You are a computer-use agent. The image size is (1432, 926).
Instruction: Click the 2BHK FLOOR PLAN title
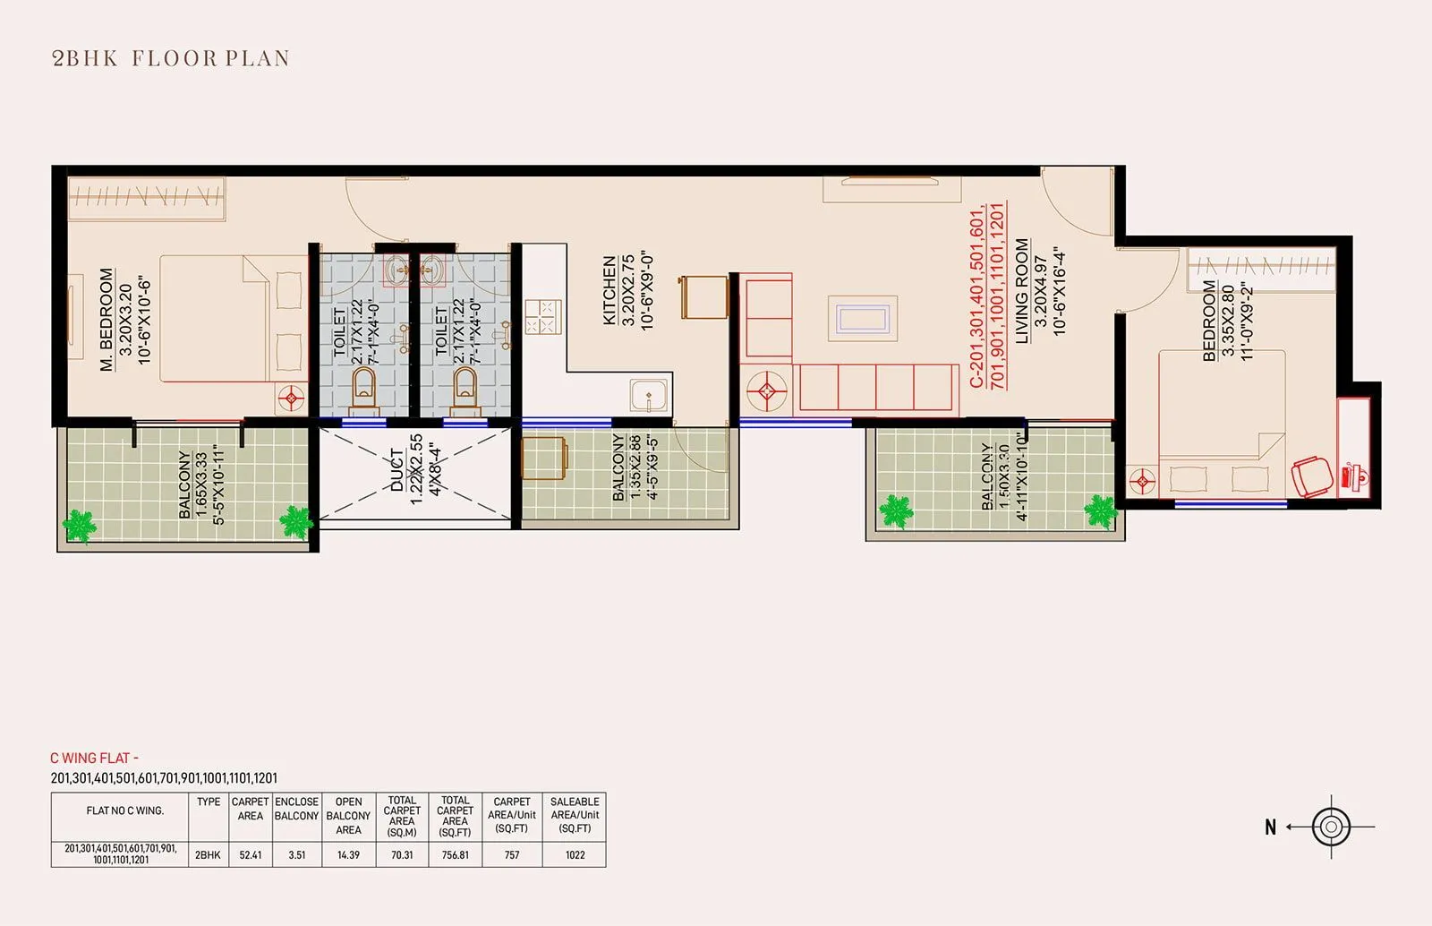(171, 58)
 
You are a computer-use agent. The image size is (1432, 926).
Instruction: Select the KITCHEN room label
(609, 290)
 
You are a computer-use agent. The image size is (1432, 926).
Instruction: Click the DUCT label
(397, 469)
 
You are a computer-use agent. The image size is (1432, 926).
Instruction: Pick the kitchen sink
(648, 395)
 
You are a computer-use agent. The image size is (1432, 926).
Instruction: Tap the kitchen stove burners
(542, 316)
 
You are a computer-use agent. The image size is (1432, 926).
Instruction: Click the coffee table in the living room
(863, 319)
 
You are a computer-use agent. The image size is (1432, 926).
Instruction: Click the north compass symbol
(1330, 827)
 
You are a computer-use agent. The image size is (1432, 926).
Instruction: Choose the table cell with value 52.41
(251, 855)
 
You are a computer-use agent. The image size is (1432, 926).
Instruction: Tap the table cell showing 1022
(575, 855)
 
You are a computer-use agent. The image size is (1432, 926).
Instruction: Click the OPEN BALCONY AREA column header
(348, 816)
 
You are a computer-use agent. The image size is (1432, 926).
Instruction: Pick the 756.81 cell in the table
(456, 855)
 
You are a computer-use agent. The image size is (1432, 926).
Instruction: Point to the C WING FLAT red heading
(95, 759)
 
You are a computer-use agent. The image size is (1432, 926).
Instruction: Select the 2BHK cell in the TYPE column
(208, 855)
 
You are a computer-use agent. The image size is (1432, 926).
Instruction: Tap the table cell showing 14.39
(348, 855)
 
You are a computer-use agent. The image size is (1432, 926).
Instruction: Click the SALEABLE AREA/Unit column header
(575, 816)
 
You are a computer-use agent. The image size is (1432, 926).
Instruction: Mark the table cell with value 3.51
(296, 855)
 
